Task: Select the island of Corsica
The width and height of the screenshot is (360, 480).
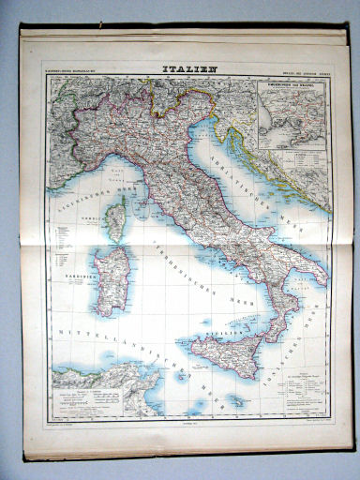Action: tap(116, 217)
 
